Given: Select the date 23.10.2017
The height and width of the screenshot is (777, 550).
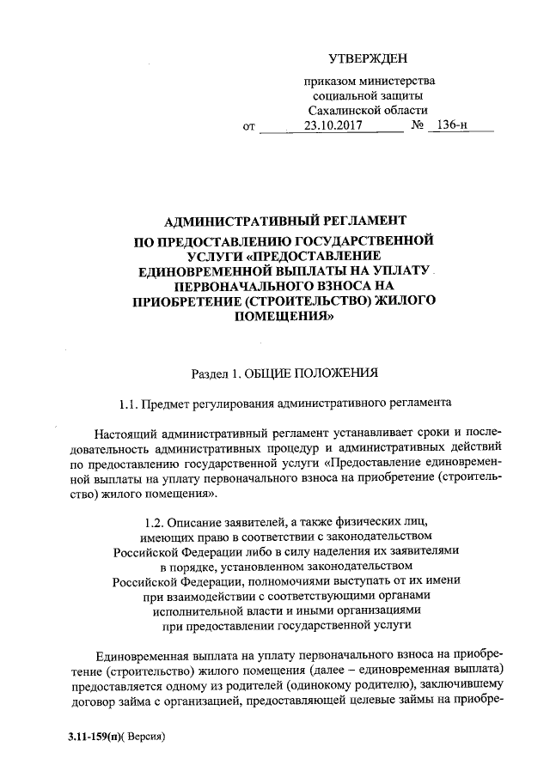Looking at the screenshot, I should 333,125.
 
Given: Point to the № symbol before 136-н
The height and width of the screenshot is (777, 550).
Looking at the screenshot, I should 420,125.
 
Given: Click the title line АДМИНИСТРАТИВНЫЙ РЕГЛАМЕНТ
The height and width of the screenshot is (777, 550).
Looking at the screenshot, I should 284,221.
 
